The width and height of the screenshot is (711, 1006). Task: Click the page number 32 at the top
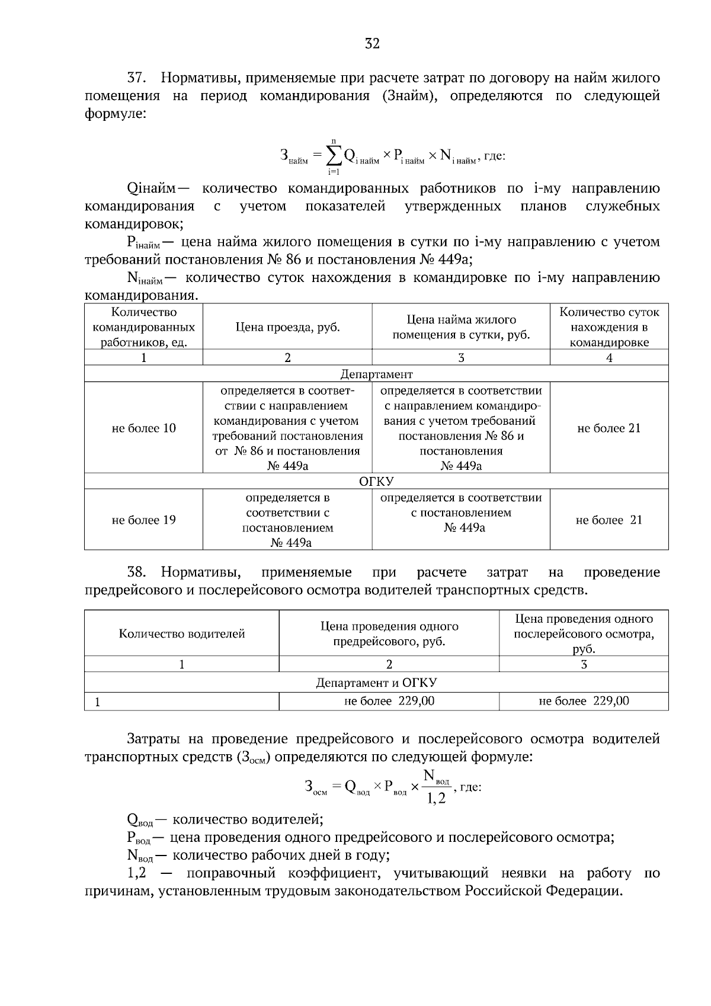click(x=372, y=43)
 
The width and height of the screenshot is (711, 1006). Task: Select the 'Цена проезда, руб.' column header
click(x=287, y=327)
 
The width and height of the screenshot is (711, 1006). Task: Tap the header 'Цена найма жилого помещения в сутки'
click(x=461, y=327)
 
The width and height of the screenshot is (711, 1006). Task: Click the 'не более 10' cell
click(x=143, y=428)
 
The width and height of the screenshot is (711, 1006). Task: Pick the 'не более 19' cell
click(x=143, y=520)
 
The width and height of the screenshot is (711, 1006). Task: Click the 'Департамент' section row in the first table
click(x=376, y=374)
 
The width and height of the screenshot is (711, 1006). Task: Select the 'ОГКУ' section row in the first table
click(x=376, y=481)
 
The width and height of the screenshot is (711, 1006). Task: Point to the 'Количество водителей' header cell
click(x=182, y=633)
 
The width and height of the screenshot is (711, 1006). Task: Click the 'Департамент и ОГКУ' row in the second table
click(x=376, y=683)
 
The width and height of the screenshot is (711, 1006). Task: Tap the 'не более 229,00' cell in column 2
click(x=389, y=701)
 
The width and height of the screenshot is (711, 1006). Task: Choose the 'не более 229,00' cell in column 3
click(x=584, y=701)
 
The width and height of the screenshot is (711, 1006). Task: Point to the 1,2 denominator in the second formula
click(x=436, y=800)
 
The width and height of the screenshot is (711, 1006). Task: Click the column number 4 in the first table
click(x=609, y=357)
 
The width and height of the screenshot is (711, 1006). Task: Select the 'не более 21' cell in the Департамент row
click(x=609, y=428)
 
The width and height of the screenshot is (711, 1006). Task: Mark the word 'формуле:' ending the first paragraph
click(x=115, y=114)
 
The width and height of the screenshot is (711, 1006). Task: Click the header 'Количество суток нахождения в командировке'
click(x=609, y=327)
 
